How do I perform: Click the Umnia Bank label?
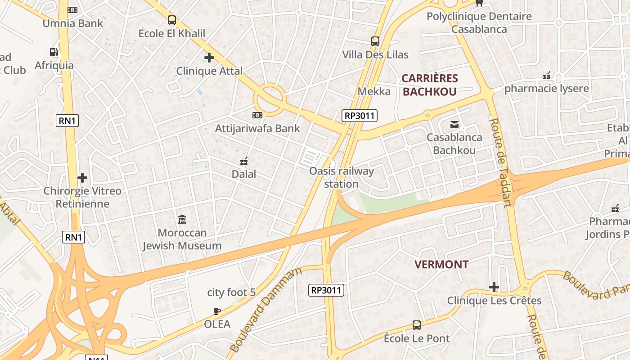[x=72, y=23]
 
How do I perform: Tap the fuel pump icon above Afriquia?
[x=54, y=52]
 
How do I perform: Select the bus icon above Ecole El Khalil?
[x=171, y=20]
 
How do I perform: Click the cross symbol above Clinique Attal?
[x=209, y=58]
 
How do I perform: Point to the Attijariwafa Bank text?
[x=257, y=128]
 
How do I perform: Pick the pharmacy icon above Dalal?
[x=244, y=161]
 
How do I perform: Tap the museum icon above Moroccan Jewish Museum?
[x=182, y=220]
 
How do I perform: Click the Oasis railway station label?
[x=342, y=177]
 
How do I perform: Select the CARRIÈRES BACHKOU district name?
[x=429, y=85]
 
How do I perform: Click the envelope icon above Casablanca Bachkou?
[x=454, y=124]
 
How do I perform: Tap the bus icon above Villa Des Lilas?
[x=375, y=41]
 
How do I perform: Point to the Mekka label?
[x=374, y=91]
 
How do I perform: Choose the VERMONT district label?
[x=441, y=264]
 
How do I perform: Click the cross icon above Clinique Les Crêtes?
[x=494, y=287]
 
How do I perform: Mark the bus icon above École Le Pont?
[x=417, y=325]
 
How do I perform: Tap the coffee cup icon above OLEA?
[x=217, y=311]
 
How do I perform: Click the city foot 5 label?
[x=231, y=292]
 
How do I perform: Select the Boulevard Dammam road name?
[x=265, y=310]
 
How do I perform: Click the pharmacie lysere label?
[x=546, y=88]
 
